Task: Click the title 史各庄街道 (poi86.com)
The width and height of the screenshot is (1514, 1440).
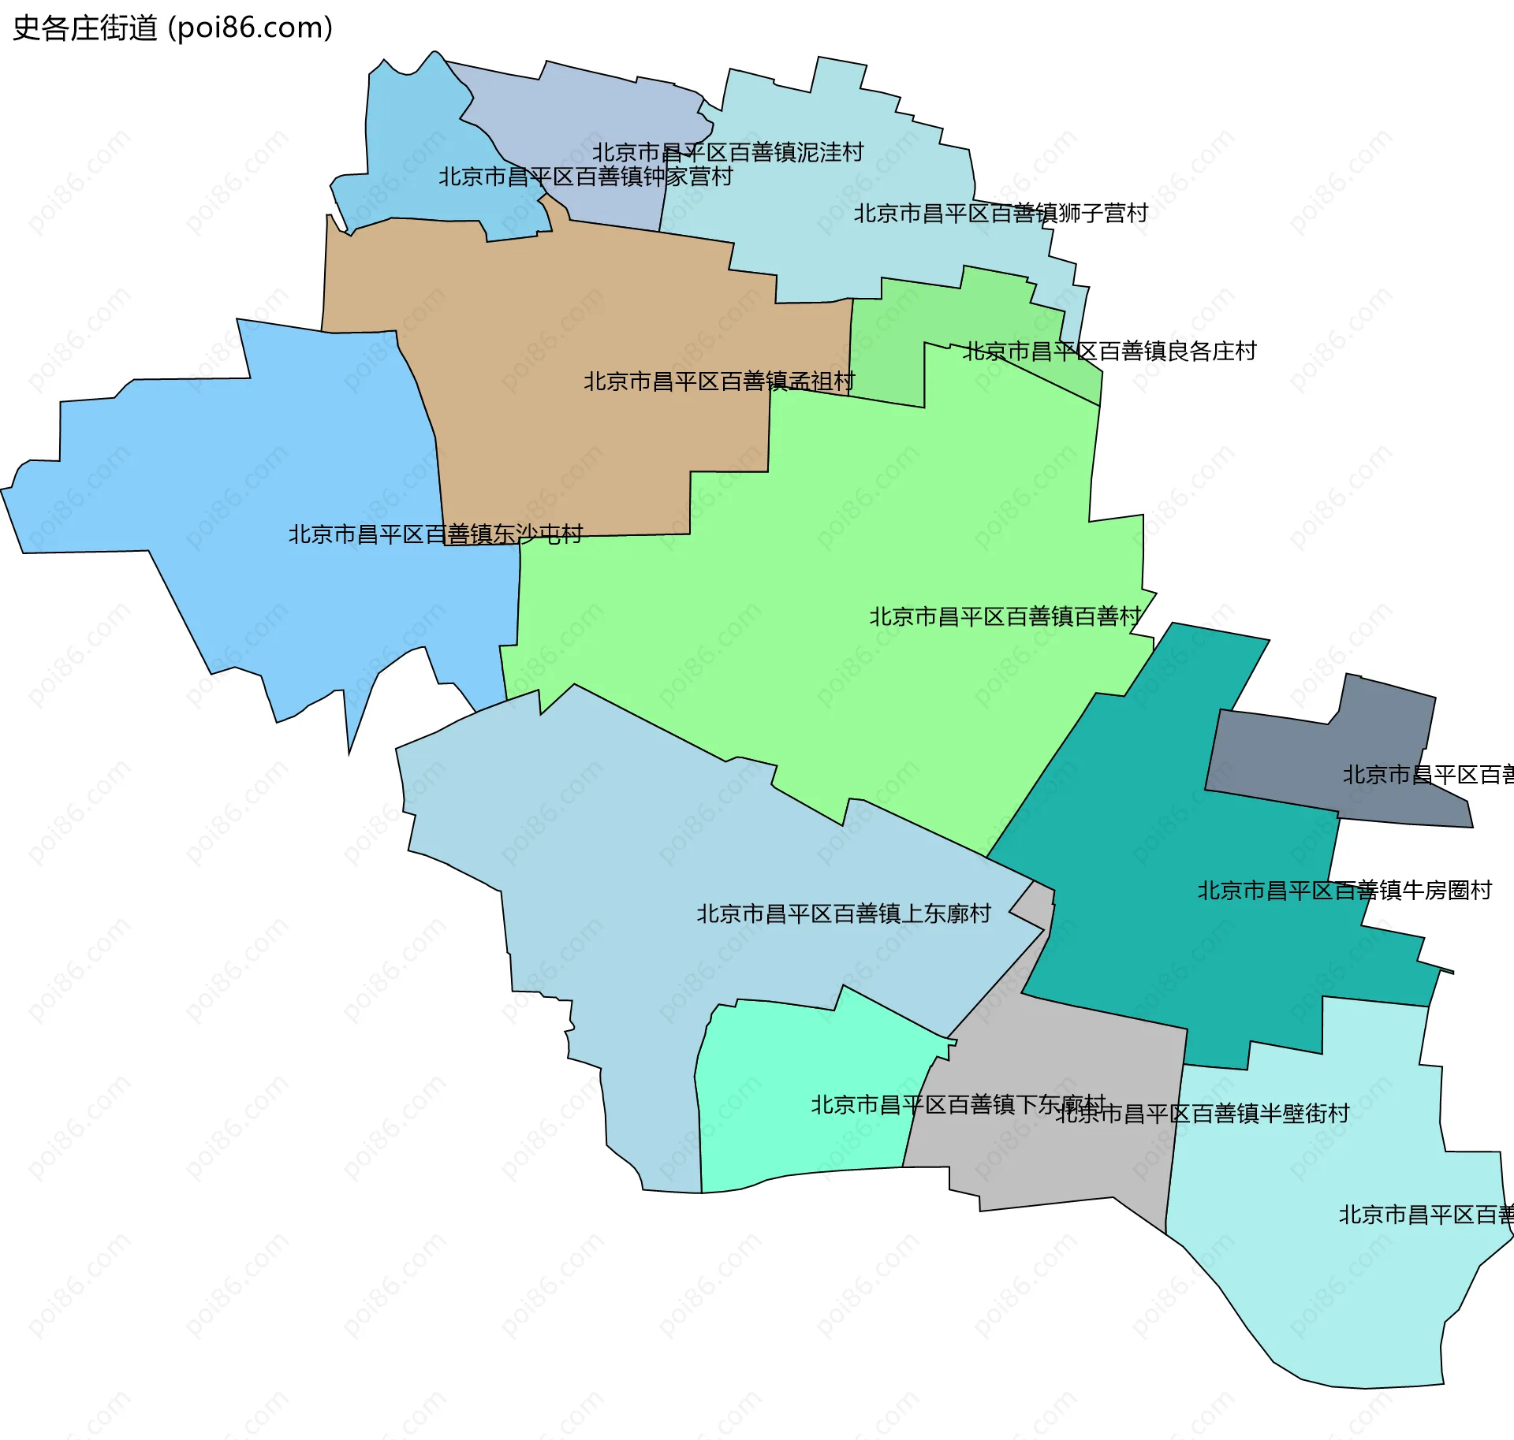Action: click(173, 28)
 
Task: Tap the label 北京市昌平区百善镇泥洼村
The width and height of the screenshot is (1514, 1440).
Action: click(728, 152)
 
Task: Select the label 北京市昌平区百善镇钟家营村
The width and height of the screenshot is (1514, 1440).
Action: click(586, 177)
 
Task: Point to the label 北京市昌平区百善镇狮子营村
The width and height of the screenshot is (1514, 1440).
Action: click(1001, 214)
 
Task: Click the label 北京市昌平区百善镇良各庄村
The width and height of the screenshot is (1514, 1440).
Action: click(1109, 352)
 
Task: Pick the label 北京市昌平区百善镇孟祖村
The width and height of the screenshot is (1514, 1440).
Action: click(719, 381)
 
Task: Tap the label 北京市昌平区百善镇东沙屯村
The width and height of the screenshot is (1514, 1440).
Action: click(435, 534)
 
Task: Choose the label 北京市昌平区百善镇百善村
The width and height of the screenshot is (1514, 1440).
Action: click(1005, 616)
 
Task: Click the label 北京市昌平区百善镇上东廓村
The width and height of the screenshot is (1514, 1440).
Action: click(844, 913)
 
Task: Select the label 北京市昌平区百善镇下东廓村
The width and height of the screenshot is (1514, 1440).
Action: click(958, 1105)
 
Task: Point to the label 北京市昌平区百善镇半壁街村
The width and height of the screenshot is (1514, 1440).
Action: click(1203, 1114)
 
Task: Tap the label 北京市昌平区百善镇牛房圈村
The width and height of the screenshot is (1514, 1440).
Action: click(1344, 891)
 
